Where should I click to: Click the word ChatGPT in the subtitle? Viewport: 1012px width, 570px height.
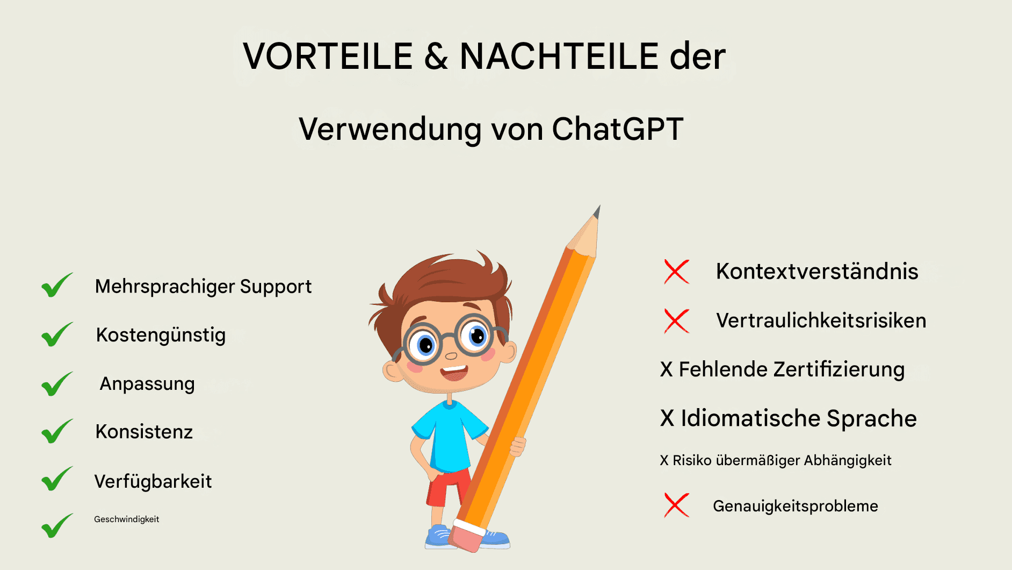point(618,129)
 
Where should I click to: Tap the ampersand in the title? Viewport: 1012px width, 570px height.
point(436,56)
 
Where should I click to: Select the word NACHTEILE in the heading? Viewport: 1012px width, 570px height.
point(559,56)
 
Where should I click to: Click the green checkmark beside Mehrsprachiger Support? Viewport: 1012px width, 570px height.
point(57,285)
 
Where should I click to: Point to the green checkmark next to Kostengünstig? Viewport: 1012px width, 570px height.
point(57,334)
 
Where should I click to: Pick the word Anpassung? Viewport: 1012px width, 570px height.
point(147,384)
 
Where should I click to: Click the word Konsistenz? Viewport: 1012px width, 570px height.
point(144,432)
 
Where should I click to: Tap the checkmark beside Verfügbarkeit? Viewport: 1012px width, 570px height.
point(57,479)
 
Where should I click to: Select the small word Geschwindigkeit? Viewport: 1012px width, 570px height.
point(126,519)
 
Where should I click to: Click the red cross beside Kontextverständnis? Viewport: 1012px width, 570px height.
point(677,272)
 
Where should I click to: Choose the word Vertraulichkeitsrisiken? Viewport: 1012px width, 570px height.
point(821,320)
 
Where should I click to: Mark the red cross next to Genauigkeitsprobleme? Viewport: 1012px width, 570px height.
point(677,505)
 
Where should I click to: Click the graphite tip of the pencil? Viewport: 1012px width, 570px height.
point(597,211)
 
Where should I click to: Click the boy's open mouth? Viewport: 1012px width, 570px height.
point(454,372)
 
